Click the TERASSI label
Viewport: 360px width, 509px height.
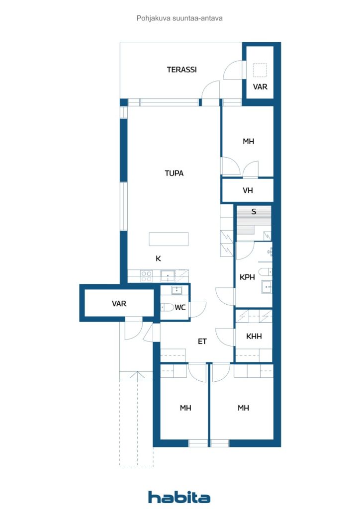coord(181,70)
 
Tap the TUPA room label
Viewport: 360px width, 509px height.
coord(174,173)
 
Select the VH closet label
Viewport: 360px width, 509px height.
coord(248,190)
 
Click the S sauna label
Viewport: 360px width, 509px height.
coord(254,212)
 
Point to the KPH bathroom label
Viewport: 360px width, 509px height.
coord(247,277)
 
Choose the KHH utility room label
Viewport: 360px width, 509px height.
coord(254,337)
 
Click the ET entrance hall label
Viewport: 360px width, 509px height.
coord(202,341)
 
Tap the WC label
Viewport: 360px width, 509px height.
coord(180,307)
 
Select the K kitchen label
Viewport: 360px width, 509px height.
coord(159,258)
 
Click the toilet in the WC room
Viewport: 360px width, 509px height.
coord(167,307)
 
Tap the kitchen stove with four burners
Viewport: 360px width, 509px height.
coord(146,276)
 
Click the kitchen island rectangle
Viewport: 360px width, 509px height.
coord(169,239)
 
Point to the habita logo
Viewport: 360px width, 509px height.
coord(179,497)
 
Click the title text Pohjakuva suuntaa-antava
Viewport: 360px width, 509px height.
coord(180,18)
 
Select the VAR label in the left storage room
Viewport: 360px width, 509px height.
coord(119,304)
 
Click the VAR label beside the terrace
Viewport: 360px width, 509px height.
coord(260,87)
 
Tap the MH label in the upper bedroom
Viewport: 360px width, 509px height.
coord(248,142)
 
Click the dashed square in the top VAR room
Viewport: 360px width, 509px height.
coord(260,70)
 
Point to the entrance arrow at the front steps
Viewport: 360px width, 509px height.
coord(138,375)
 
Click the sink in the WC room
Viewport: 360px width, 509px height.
coord(177,290)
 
